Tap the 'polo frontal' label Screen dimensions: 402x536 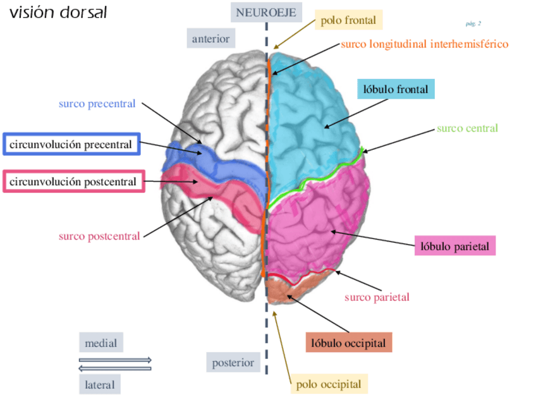(x=348, y=21)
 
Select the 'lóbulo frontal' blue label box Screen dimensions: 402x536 (x=396, y=89)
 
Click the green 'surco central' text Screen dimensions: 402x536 (x=467, y=128)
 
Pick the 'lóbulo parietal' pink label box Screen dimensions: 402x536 (x=454, y=245)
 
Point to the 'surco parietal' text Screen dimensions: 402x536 (x=377, y=297)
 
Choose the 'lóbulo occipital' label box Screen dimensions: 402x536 (x=348, y=343)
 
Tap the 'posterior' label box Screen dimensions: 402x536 (x=233, y=363)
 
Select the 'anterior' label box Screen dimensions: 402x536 (x=210, y=39)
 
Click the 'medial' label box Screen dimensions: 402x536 (x=101, y=343)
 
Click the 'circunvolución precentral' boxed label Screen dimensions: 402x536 (x=71, y=145)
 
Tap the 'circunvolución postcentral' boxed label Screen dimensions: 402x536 (x=73, y=182)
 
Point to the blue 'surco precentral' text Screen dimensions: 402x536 (x=97, y=104)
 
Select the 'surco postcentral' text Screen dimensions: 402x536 (x=98, y=236)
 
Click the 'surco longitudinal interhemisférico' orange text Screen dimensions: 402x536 (x=424, y=44)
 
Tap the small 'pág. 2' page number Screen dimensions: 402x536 (x=473, y=23)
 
